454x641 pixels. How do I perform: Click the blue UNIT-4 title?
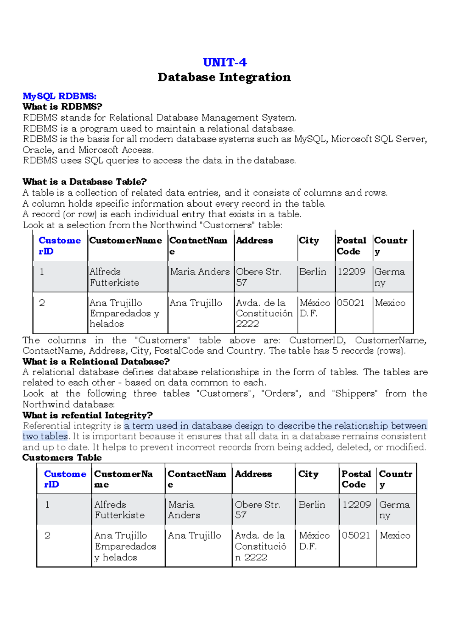click(x=225, y=62)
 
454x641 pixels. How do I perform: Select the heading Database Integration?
click(x=224, y=77)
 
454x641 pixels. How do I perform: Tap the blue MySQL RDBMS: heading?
click(x=59, y=96)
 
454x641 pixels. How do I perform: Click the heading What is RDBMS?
click(x=62, y=107)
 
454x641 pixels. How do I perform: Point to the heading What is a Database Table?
click(x=84, y=182)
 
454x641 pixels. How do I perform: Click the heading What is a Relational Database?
click(x=96, y=361)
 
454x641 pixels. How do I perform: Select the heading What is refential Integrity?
click(x=87, y=415)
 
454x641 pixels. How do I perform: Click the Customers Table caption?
click(x=62, y=458)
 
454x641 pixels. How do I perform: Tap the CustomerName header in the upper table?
click(x=126, y=241)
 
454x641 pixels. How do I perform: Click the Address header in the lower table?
click(x=253, y=474)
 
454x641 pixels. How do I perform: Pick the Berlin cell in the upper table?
click(x=313, y=272)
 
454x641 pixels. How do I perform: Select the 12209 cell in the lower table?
click(x=356, y=505)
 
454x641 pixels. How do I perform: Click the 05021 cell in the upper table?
click(x=351, y=303)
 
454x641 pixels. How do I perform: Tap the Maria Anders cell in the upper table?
click(x=200, y=272)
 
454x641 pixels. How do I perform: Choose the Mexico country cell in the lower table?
click(x=395, y=536)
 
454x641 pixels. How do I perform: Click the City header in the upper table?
click(x=309, y=241)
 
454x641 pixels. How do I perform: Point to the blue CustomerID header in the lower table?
click(x=65, y=479)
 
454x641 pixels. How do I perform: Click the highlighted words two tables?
click(x=45, y=436)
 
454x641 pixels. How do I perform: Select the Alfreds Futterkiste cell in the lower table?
click(x=120, y=510)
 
